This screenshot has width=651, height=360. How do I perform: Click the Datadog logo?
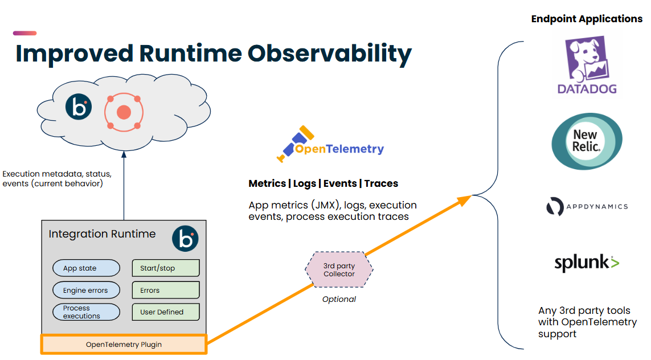coord(587,64)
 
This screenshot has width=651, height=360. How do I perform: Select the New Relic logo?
coord(587,141)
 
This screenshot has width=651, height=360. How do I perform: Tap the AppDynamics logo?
coord(587,207)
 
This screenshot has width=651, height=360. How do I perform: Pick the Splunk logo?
coord(587,263)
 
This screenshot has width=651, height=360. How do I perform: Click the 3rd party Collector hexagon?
coord(339,270)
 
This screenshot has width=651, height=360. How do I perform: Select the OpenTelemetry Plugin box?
coord(124,345)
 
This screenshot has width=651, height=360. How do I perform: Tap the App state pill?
coord(86,268)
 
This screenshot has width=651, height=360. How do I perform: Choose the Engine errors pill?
coord(86,291)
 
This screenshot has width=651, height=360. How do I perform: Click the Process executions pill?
coord(86,312)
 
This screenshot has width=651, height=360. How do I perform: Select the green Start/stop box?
coord(166,268)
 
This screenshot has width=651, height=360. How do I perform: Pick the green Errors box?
coord(166,291)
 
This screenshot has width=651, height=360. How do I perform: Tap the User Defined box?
coord(166,312)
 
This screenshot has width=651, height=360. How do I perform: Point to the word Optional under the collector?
coord(339,299)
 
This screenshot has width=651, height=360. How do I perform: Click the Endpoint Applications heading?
coord(587,19)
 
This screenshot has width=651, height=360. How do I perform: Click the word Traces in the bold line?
coord(381,183)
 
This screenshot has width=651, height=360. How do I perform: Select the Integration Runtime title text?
coord(102,234)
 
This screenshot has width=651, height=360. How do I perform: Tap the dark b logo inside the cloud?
coord(78,107)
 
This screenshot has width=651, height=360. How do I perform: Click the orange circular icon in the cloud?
coord(123,112)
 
